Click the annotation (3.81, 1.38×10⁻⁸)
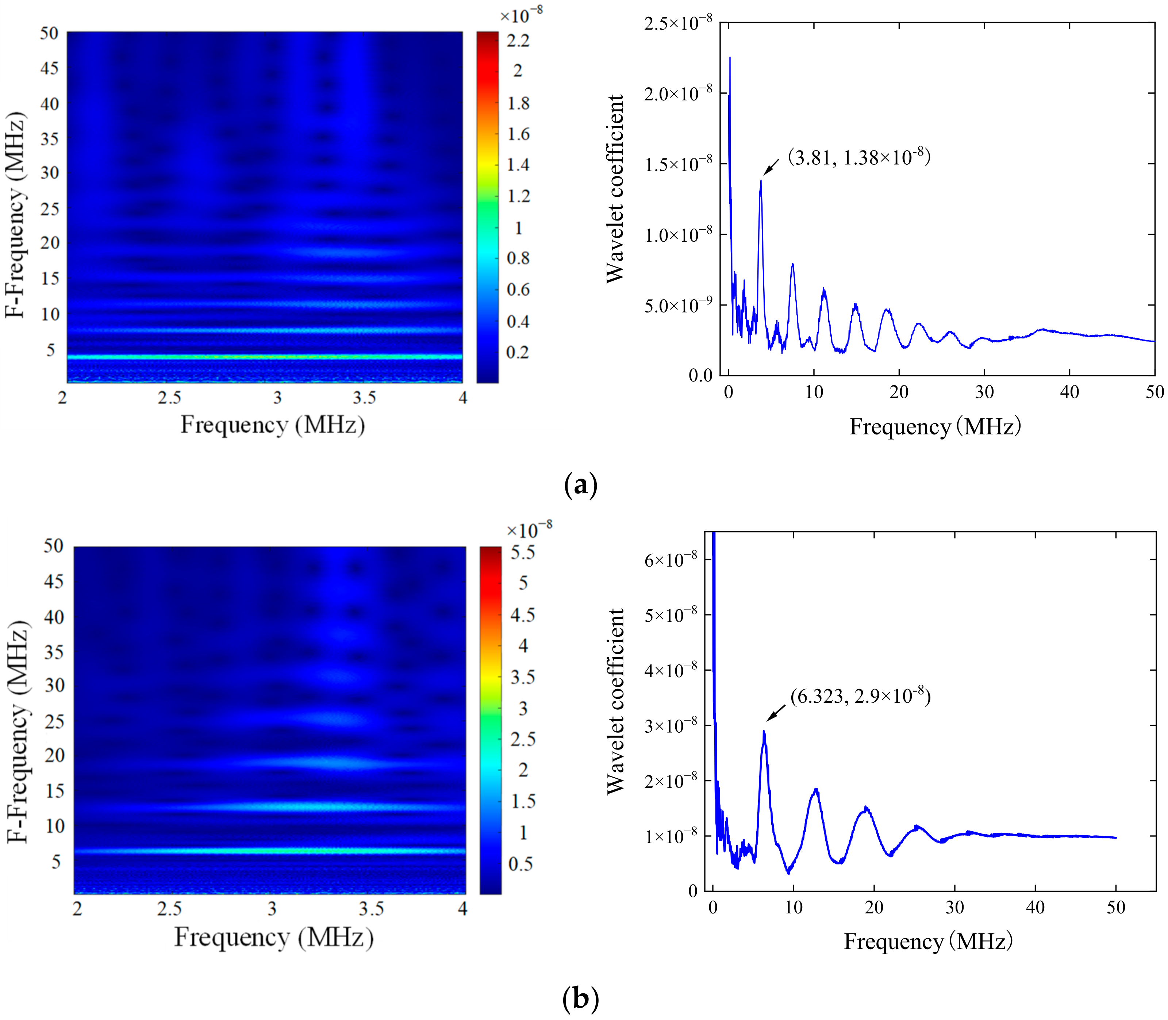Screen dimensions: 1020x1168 [x=858, y=157]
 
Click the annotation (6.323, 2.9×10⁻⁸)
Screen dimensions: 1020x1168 [x=860, y=696]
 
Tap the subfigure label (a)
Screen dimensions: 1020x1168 [x=580, y=486]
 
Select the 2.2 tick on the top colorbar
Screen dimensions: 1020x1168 [x=518, y=41]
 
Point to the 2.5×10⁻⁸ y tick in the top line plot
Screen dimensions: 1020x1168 [x=678, y=23]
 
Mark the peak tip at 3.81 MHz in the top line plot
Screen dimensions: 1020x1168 [x=760, y=181]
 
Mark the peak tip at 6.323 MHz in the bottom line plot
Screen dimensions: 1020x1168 [x=764, y=732]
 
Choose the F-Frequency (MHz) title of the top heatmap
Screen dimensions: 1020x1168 [x=16, y=215]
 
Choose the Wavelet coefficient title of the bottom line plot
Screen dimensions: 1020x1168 [x=616, y=701]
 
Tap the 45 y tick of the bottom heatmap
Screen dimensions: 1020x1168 [x=54, y=582]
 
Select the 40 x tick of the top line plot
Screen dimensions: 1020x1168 [x=1069, y=392]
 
